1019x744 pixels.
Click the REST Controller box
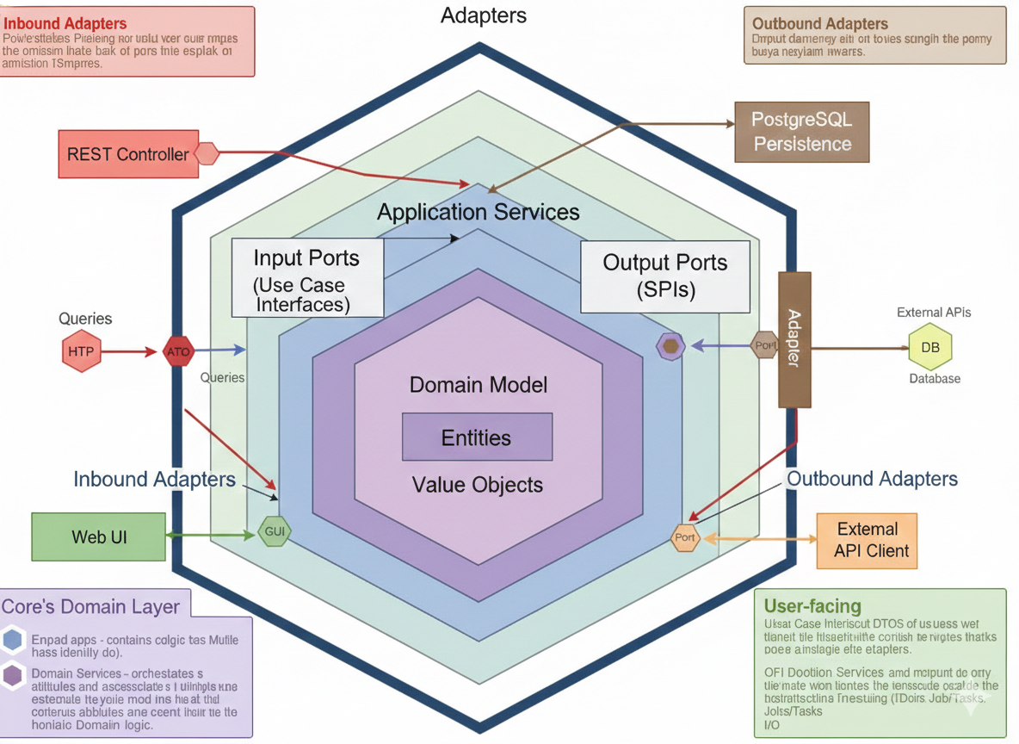click(x=127, y=154)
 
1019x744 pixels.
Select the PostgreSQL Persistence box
click(x=801, y=132)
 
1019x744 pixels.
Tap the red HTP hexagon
click(x=82, y=351)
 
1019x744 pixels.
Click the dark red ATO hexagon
click(x=178, y=351)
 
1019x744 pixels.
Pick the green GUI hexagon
click(x=274, y=531)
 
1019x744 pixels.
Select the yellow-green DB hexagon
click(x=930, y=348)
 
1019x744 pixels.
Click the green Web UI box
click(x=98, y=536)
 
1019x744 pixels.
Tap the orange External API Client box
click(x=867, y=541)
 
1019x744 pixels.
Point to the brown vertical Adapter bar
click(x=794, y=339)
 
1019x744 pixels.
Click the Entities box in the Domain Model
click(x=477, y=437)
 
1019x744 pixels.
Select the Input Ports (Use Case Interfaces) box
click(x=307, y=278)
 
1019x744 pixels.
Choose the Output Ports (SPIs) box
click(x=664, y=276)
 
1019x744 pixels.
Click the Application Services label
click(x=479, y=212)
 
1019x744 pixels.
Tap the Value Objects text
click(x=478, y=485)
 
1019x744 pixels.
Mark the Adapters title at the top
click(x=484, y=15)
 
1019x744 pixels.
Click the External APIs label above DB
click(x=933, y=313)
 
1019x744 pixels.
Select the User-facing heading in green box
click(x=812, y=605)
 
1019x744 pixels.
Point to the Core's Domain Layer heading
click(x=91, y=606)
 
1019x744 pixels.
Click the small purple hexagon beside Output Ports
click(x=670, y=346)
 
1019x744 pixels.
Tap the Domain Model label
click(x=478, y=385)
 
